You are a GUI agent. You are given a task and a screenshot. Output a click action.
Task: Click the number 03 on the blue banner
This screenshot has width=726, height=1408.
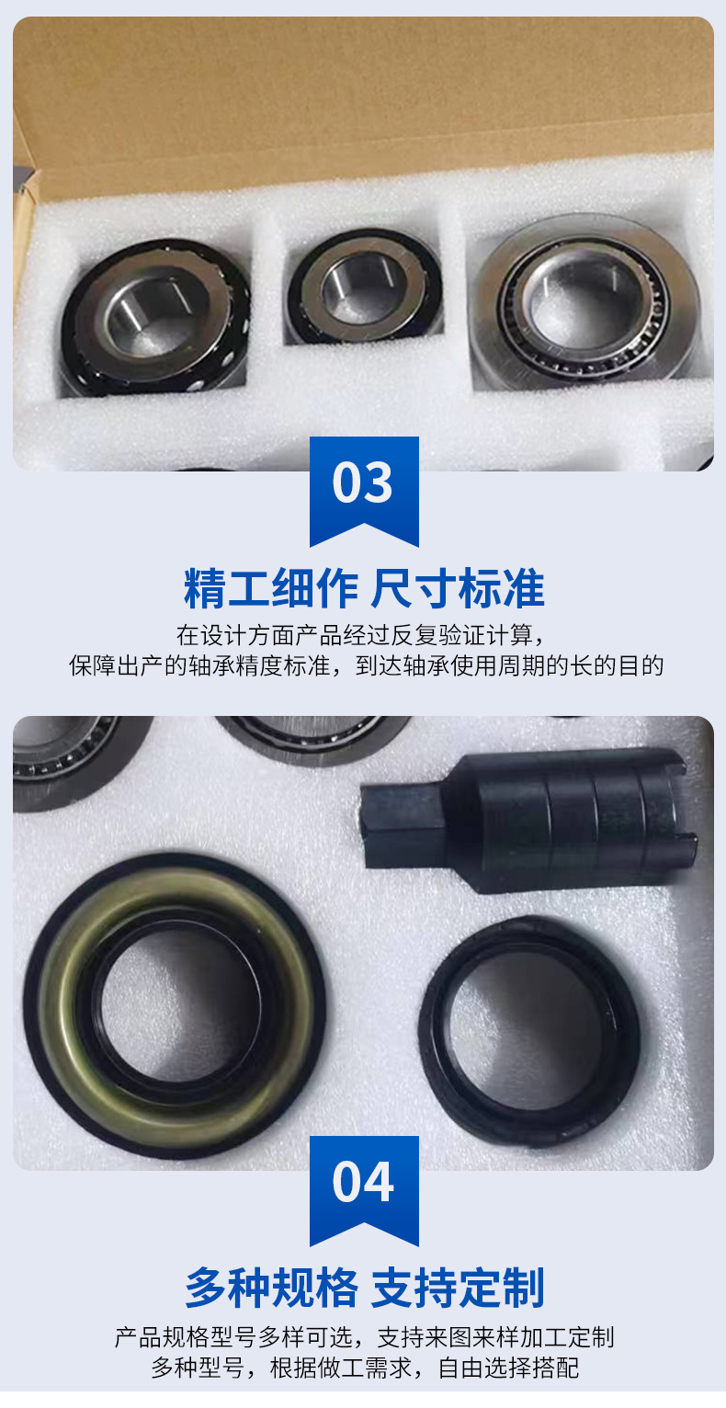pyautogui.click(x=363, y=483)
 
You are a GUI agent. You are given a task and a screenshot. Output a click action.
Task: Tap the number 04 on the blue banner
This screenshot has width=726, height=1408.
pyautogui.click(x=363, y=1183)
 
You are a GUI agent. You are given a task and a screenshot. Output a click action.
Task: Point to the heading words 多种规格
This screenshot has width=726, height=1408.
pyautogui.click(x=270, y=1288)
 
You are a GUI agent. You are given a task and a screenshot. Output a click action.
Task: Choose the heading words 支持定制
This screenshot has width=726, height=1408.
pyautogui.click(x=457, y=1288)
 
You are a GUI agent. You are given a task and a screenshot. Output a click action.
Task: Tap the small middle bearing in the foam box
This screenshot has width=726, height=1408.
pyautogui.click(x=364, y=285)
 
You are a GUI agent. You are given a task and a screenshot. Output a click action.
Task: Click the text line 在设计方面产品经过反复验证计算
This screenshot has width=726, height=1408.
pyautogui.click(x=363, y=635)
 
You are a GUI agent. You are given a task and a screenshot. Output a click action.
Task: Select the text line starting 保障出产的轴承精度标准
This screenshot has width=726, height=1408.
pyautogui.click(x=363, y=666)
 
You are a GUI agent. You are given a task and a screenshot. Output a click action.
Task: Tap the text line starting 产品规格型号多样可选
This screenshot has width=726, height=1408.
pyautogui.click(x=363, y=1336)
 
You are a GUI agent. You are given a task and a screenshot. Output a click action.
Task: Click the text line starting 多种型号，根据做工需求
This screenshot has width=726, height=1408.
pyautogui.click(x=363, y=1368)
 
